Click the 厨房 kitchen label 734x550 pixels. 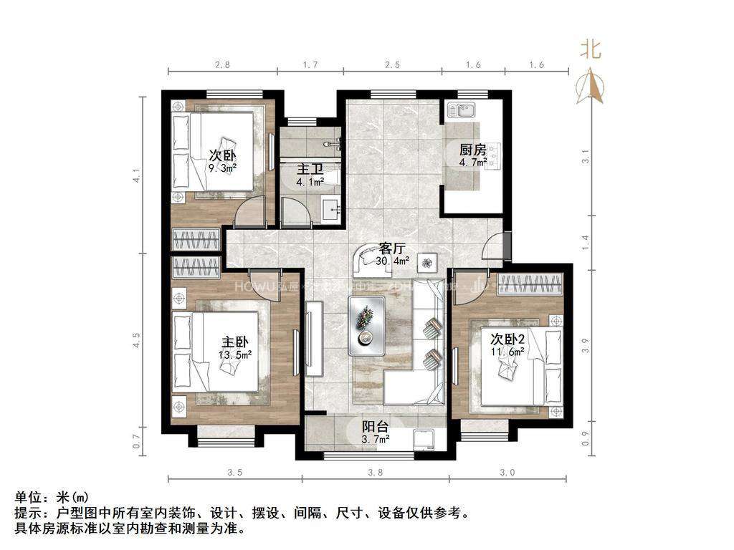[x=473, y=150]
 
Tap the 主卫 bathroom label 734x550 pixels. [x=310, y=170]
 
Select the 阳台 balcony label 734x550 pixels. [x=375, y=427]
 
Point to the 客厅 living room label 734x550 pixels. [x=392, y=249]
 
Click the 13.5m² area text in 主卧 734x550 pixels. [x=234, y=354]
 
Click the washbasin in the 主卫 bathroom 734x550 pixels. [x=330, y=209]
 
